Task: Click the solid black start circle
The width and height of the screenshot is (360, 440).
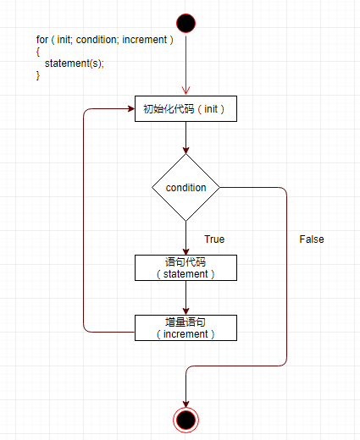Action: point(186,23)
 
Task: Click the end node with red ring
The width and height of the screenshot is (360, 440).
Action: point(186,420)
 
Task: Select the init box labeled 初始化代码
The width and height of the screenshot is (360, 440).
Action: point(186,109)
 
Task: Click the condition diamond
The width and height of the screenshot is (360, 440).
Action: point(186,187)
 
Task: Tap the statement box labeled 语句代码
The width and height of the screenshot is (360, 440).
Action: point(186,267)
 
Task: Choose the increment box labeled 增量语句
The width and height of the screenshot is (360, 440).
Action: point(186,327)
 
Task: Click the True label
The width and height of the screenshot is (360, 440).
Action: point(214,239)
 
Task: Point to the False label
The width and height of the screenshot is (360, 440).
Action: point(312,239)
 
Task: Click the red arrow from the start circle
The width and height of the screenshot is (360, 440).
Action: point(186,63)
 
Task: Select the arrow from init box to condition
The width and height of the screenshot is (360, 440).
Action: point(186,138)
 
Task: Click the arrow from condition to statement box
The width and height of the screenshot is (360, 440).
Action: point(186,238)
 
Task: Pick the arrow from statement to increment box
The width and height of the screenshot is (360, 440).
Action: point(186,298)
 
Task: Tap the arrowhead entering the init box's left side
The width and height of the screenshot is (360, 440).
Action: point(131,109)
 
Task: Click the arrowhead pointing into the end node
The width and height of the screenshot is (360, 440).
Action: point(186,404)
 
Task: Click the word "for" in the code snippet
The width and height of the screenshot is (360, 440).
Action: point(42,40)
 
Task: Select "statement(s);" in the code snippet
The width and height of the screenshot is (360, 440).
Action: point(75,63)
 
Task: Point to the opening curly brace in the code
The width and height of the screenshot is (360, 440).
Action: point(38,52)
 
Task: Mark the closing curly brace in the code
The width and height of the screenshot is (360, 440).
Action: point(38,75)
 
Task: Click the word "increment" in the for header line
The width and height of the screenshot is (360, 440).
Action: point(145,40)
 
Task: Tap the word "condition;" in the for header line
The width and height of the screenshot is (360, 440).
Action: point(96,40)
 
